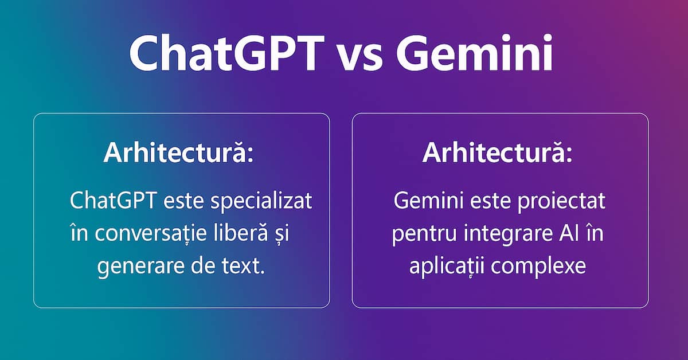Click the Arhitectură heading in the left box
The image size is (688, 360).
178,154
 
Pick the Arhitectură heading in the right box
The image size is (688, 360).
497,154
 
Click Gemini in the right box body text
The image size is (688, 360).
426,202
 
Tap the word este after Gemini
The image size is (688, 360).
492,202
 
